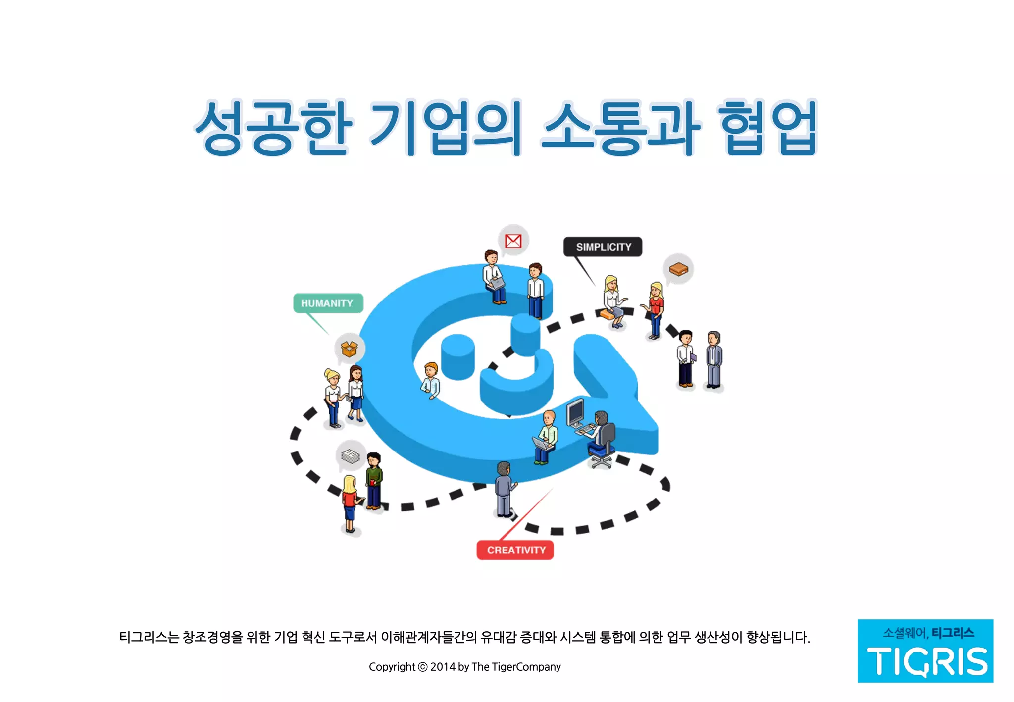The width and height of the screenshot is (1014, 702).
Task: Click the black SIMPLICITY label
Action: tap(603, 247)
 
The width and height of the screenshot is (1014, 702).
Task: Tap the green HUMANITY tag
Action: tap(328, 303)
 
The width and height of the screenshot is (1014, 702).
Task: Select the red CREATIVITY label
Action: tap(515, 550)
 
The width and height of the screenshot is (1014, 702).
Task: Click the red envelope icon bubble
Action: tap(513, 241)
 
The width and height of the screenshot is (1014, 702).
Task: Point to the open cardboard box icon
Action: tap(350, 349)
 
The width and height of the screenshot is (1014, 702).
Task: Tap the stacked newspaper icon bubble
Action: tap(351, 455)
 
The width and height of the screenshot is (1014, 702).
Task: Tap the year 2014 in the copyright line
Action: tap(443, 667)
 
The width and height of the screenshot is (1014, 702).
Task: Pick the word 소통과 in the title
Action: tap(620, 128)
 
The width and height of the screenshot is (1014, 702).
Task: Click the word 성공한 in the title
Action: tap(273, 128)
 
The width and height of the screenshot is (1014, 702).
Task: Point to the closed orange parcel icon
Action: tap(678, 269)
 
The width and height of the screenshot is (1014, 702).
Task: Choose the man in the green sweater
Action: tap(374, 480)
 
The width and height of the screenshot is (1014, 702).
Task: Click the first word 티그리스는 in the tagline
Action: tap(149, 637)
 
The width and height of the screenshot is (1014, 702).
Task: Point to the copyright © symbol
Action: tap(422, 667)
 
